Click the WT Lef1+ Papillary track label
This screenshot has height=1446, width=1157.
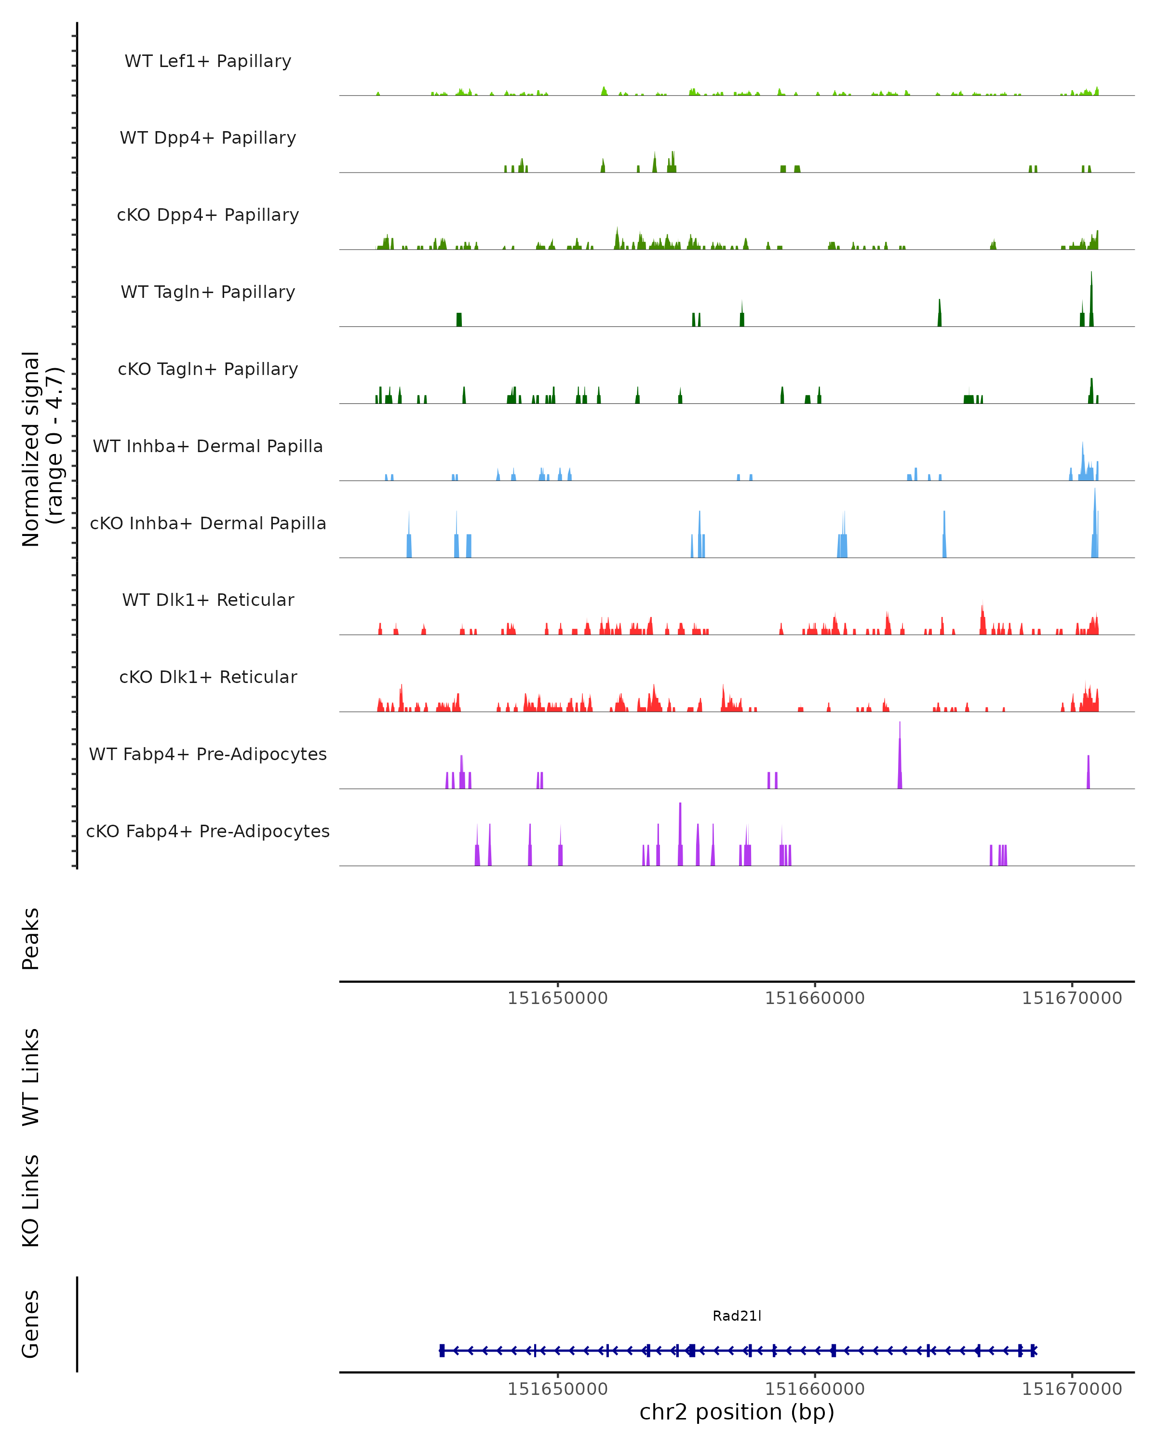coord(208,61)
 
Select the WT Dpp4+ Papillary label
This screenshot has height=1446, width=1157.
coord(208,138)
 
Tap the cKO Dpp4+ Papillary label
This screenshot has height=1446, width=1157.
coord(208,215)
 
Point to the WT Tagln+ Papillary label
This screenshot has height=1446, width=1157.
coord(208,293)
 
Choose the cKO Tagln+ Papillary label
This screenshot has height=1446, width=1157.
coord(208,370)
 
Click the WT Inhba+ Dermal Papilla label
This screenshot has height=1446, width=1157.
coord(208,447)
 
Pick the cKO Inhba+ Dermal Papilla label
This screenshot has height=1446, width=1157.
coord(208,524)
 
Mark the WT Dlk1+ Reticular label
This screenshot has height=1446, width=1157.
coord(208,600)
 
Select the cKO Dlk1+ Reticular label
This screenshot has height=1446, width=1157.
coord(208,677)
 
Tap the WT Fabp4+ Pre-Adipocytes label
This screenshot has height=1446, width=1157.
coord(208,754)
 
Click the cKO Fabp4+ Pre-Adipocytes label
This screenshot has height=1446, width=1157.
coord(208,831)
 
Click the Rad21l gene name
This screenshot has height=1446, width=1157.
coord(737,1316)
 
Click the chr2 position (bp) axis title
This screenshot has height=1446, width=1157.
coord(737,1412)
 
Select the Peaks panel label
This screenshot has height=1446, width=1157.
coord(31,939)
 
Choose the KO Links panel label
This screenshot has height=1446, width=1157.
coord(31,1201)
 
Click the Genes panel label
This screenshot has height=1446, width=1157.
coord(31,1324)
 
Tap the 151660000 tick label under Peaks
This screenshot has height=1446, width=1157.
coord(814,999)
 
